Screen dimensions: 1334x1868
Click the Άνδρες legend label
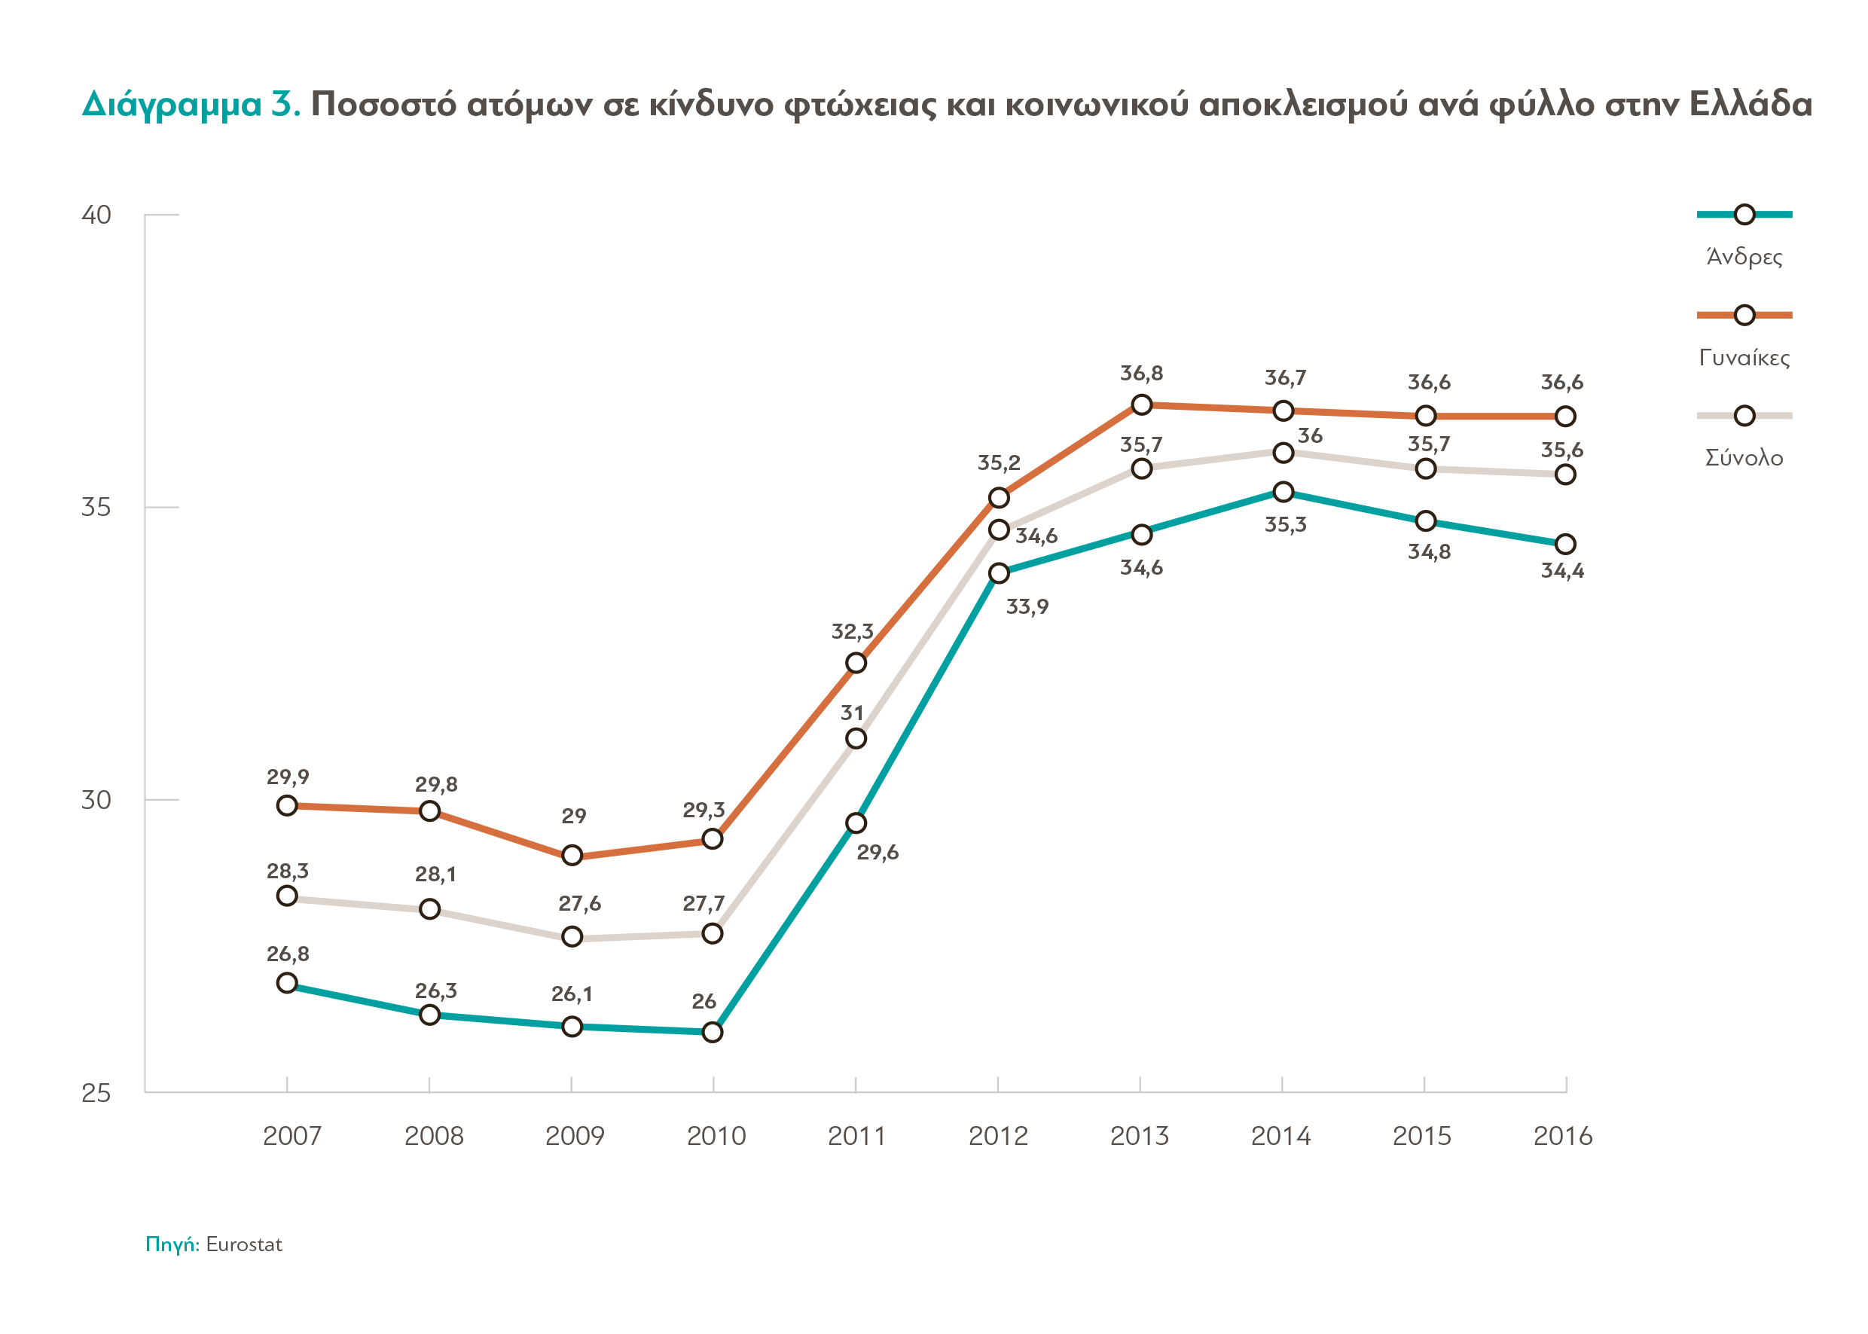click(1743, 257)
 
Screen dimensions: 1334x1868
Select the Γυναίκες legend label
click(1743, 357)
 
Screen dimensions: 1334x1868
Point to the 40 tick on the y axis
click(96, 215)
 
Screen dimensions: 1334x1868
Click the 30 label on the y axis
click(96, 799)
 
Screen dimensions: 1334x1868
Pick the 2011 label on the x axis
click(856, 1136)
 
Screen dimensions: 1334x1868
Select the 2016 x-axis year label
click(1562, 1136)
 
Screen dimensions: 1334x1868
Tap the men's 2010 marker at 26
click(713, 1032)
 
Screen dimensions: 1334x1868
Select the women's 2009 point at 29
click(572, 855)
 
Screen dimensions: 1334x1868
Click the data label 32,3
click(852, 631)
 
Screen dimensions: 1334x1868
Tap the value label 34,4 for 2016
click(1561, 570)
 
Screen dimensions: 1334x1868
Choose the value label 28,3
click(288, 871)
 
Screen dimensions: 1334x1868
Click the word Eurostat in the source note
click(244, 1244)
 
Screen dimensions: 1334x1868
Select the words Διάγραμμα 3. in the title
click(191, 104)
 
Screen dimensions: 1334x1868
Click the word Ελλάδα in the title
click(1750, 104)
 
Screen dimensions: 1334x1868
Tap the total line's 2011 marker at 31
click(856, 738)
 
